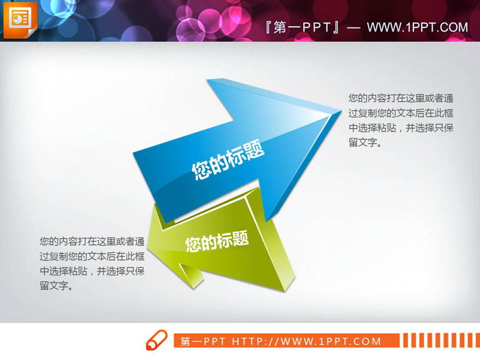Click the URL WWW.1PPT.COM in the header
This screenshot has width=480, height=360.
tap(417, 27)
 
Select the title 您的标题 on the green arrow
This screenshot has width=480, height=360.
tap(216, 242)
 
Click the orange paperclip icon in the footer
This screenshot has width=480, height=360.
tap(157, 339)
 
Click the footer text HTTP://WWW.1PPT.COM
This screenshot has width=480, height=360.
tap(307, 341)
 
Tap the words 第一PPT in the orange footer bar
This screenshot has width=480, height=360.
tap(204, 341)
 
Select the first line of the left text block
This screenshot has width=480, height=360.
tap(91, 241)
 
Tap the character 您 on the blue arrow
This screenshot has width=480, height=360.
tap(200, 171)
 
